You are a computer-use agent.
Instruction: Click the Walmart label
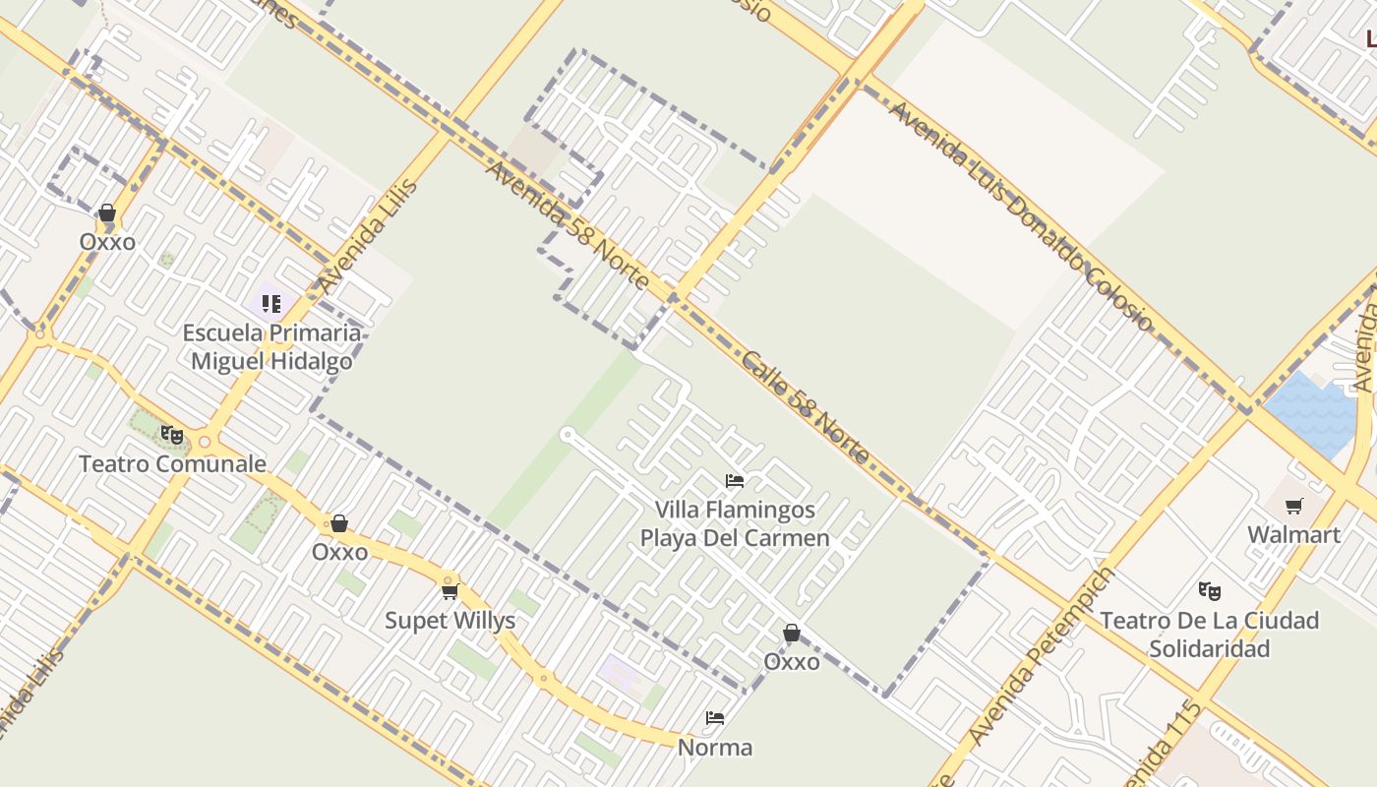tap(1293, 535)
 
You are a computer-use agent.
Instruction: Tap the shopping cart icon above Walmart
tap(1294, 506)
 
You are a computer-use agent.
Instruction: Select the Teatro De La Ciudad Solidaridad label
tap(1209, 635)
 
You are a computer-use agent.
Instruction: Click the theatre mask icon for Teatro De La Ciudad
tap(1209, 591)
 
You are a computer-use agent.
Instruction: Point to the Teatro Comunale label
tap(172, 464)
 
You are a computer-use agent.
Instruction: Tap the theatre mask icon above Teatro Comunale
tap(172, 434)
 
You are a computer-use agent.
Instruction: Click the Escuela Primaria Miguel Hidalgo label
tap(271, 347)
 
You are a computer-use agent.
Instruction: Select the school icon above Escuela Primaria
tap(271, 303)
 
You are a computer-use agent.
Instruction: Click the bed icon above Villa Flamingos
tap(735, 481)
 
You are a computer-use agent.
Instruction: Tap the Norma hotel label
tap(715, 748)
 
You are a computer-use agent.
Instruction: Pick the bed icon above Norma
tap(715, 718)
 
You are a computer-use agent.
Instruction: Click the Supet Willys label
tap(449, 621)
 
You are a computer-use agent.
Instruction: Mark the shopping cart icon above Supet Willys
tap(450, 591)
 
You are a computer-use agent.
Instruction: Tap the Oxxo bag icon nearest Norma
tap(791, 633)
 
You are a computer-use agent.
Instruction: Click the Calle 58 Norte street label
tap(806, 407)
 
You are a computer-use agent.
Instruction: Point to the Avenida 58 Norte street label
tap(568, 226)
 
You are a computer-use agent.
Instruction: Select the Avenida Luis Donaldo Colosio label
tap(1019, 214)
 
